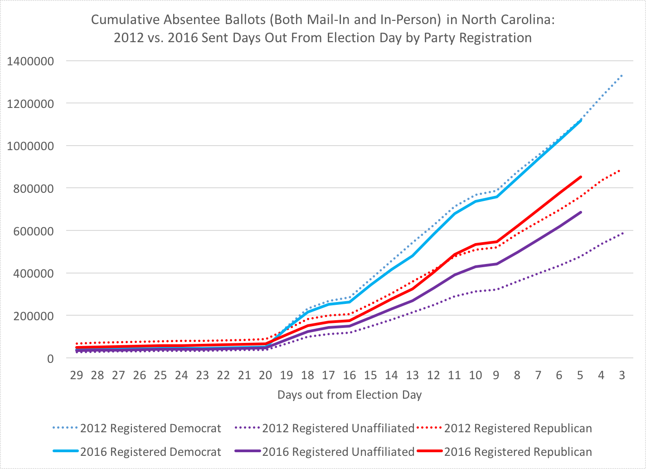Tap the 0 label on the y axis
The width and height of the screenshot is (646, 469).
pos(50,358)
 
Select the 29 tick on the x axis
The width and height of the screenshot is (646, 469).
pos(76,375)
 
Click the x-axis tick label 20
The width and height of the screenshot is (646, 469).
pos(265,375)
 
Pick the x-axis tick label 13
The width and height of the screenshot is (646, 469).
pos(412,375)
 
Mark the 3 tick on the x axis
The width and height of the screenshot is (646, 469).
pos(622,375)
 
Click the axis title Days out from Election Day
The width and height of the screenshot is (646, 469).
pos(350,395)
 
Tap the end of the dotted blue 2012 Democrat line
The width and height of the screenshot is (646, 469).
pos(622,75)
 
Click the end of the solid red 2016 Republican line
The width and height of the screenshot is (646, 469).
pos(581,177)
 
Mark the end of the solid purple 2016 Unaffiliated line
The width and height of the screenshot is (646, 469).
pos(581,212)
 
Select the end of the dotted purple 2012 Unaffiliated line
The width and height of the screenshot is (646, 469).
pos(622,233)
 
